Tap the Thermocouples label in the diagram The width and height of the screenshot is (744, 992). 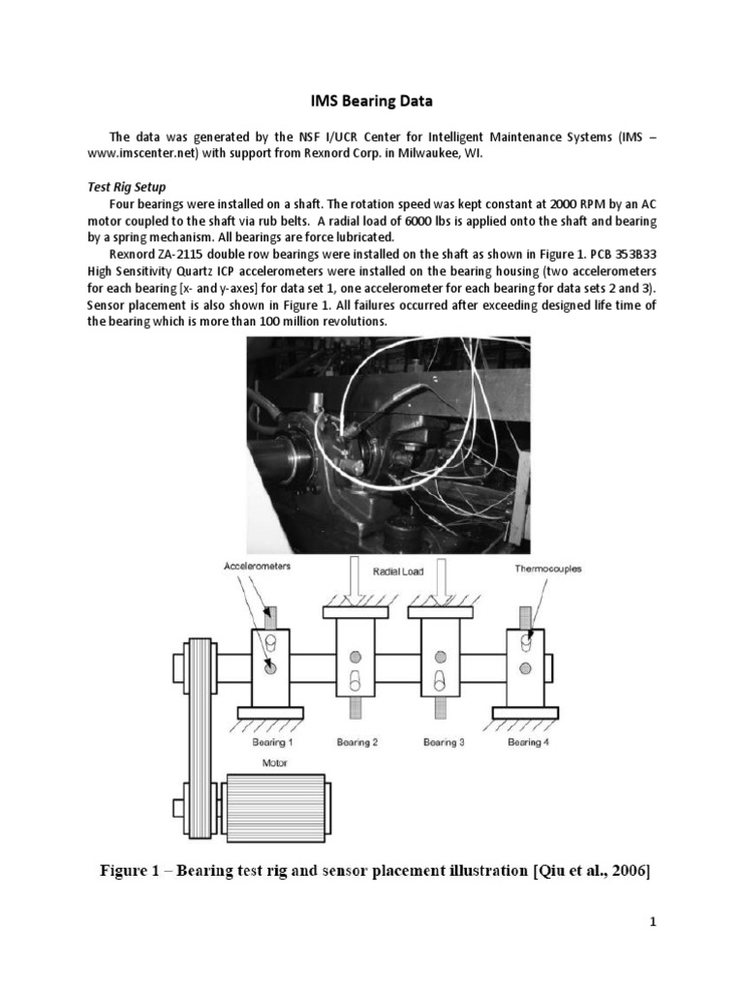(x=547, y=569)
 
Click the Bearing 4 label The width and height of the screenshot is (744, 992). (x=526, y=742)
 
